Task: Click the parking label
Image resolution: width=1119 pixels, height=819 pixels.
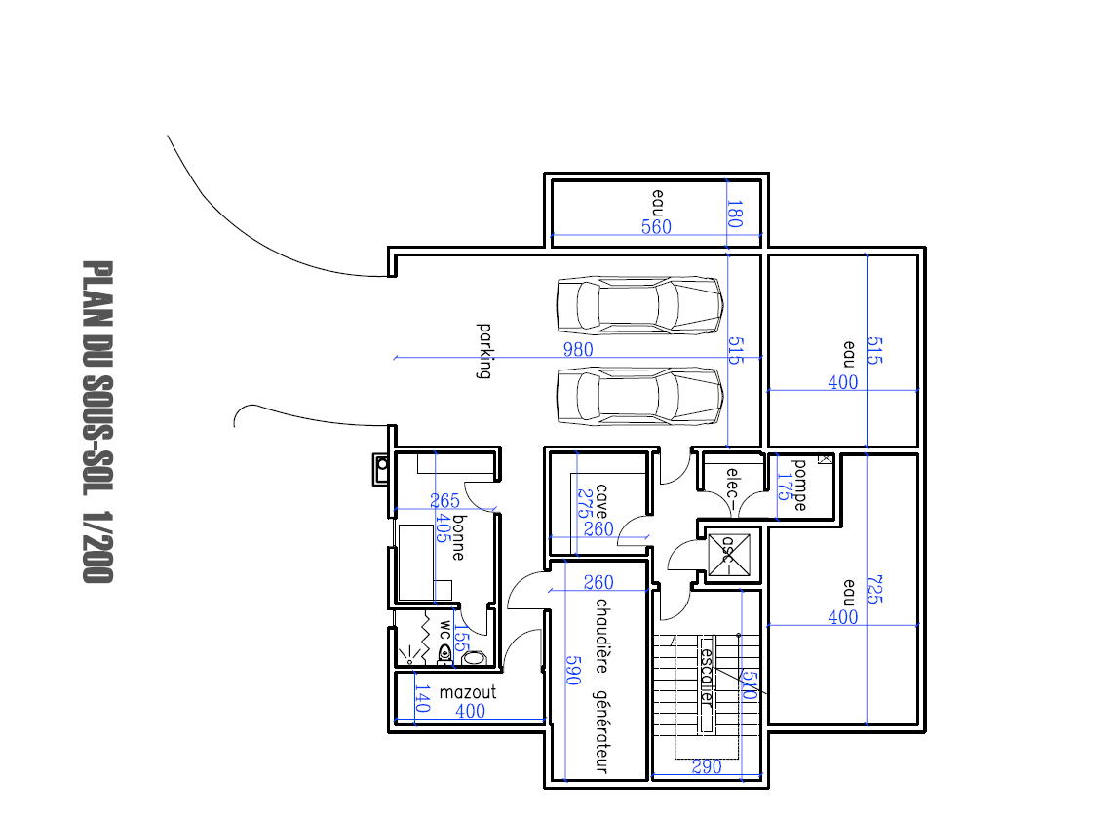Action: (x=483, y=350)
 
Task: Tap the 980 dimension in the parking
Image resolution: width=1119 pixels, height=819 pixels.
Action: (x=578, y=349)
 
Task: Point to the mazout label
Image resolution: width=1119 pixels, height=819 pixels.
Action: (x=468, y=692)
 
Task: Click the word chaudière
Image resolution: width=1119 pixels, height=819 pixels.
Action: (x=601, y=635)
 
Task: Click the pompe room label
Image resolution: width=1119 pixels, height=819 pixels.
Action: (x=800, y=485)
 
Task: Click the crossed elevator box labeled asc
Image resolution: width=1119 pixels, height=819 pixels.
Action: (x=727, y=556)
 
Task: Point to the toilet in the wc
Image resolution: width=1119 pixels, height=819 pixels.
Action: (x=446, y=653)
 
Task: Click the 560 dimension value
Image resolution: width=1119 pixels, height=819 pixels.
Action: (x=656, y=227)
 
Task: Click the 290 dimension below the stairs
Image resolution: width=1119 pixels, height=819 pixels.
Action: (x=707, y=767)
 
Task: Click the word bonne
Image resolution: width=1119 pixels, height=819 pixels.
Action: (x=457, y=536)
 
